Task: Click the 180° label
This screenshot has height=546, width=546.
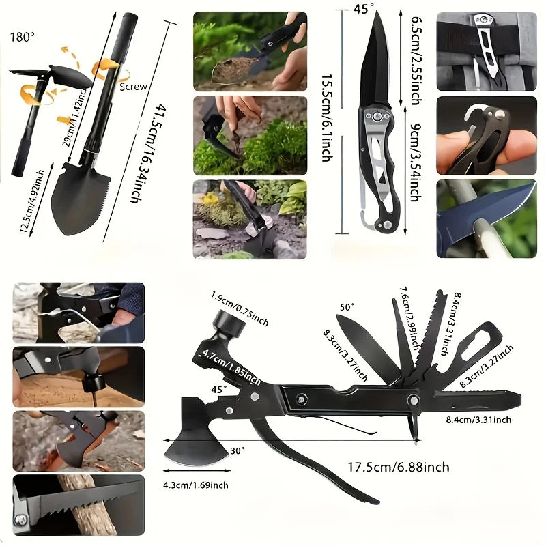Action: pyautogui.click(x=22, y=36)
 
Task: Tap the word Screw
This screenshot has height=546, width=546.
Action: pyautogui.click(x=133, y=87)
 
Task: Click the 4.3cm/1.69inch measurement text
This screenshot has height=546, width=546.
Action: pyautogui.click(x=196, y=485)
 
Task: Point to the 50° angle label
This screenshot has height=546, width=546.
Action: pyautogui.click(x=347, y=308)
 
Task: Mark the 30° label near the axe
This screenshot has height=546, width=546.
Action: pyautogui.click(x=237, y=451)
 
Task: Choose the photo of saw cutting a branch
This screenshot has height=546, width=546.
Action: pyautogui.click(x=78, y=504)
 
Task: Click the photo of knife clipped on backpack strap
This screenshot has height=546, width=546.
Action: pyautogui.click(x=486, y=51)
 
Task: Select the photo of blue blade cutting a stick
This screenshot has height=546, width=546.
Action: pyautogui.click(x=486, y=218)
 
